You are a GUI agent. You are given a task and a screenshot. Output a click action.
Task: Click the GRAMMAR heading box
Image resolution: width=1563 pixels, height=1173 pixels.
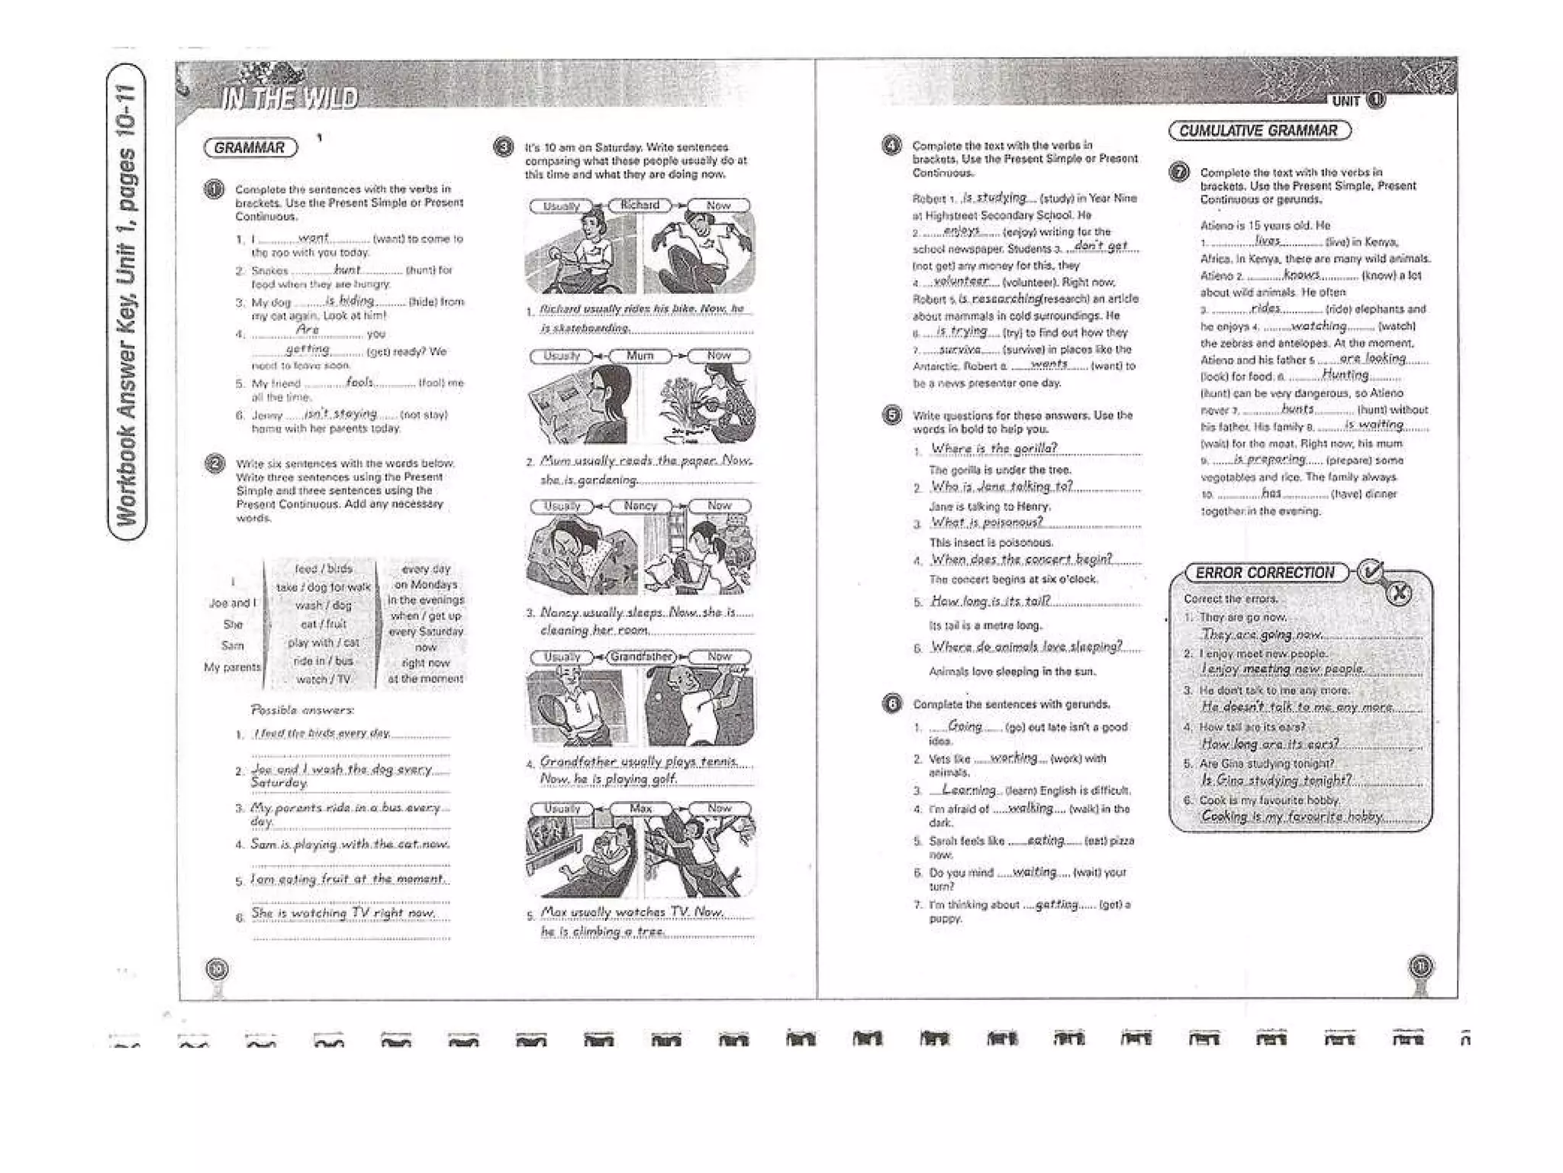(x=250, y=148)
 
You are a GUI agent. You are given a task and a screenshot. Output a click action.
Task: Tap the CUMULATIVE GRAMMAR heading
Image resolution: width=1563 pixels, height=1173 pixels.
(x=1258, y=131)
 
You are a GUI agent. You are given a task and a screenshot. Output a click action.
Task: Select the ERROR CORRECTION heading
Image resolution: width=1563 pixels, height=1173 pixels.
(x=1265, y=573)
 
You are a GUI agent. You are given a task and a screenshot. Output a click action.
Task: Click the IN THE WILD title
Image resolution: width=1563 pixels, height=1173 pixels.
(x=288, y=99)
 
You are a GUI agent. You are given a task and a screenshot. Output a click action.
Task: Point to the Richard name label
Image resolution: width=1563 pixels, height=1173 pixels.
(x=640, y=205)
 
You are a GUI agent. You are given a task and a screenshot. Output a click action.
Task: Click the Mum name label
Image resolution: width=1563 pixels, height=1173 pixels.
(x=640, y=356)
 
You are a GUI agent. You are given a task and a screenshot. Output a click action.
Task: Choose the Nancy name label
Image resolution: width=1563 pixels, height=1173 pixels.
(x=640, y=506)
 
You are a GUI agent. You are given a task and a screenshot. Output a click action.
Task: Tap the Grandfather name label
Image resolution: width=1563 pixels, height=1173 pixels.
(x=642, y=657)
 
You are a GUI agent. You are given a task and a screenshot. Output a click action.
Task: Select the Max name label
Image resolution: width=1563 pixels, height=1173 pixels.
(x=641, y=808)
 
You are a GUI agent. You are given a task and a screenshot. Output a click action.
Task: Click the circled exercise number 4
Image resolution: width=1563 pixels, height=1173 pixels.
(x=891, y=145)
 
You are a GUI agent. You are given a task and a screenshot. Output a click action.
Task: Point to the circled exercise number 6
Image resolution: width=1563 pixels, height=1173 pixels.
(x=891, y=704)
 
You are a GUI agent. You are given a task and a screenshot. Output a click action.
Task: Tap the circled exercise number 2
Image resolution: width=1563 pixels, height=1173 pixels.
(x=215, y=464)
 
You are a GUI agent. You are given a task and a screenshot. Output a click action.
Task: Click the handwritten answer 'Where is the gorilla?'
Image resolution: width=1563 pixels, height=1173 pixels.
(x=994, y=448)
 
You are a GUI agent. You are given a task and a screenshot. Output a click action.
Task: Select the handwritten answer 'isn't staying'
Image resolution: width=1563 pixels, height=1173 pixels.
(x=340, y=413)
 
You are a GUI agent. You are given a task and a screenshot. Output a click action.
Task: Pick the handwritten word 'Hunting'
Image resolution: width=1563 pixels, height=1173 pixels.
(x=1345, y=375)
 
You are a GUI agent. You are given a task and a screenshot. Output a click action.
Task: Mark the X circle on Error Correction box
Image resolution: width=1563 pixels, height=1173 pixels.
(x=1398, y=594)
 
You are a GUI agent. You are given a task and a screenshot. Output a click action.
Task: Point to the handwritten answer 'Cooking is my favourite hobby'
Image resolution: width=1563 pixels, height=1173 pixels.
(x=1292, y=816)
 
